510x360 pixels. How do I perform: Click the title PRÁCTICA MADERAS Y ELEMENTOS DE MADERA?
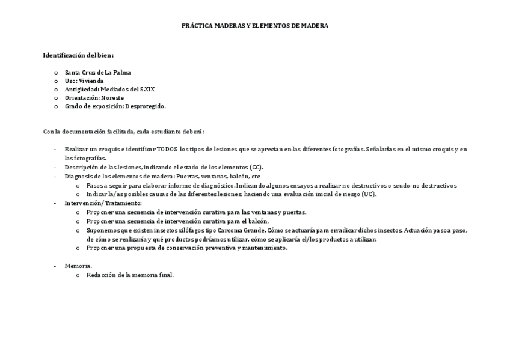pos(255,26)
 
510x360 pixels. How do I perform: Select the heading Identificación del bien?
pos(78,55)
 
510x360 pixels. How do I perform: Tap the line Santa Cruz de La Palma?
pos(98,72)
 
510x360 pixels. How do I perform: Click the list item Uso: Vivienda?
pos(84,81)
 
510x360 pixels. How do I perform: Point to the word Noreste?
pos(112,97)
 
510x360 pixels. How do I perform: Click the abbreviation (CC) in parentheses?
pos(256,167)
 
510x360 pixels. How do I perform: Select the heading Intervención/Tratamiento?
pos(103,203)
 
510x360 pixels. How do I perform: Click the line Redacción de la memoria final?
pos(130,275)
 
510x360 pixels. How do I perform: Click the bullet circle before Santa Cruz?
pos(56,72)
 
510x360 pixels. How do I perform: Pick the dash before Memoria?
pos(55,266)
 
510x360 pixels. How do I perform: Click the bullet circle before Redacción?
pos(78,275)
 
